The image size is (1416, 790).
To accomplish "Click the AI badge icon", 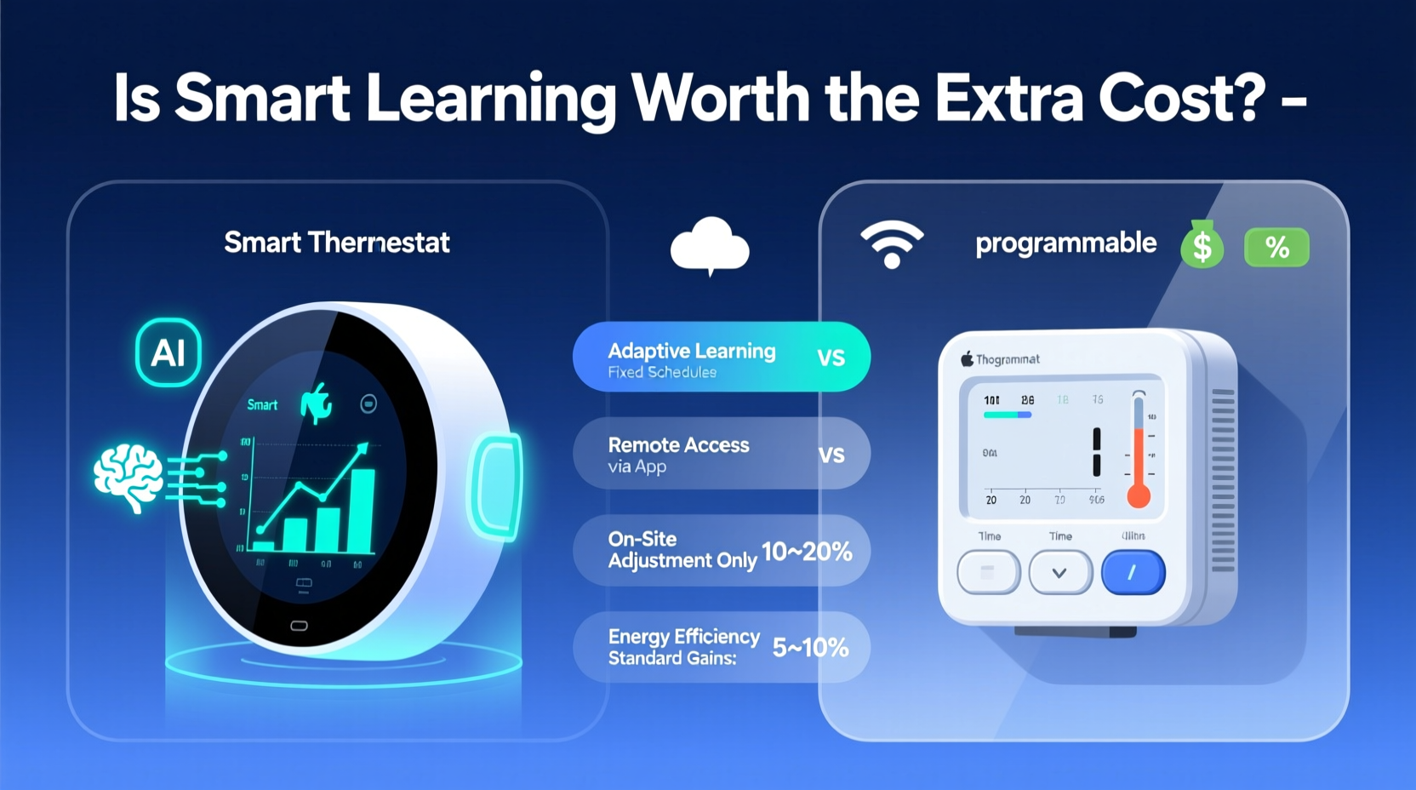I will click(x=168, y=352).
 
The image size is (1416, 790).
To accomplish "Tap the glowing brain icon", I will click(x=128, y=477).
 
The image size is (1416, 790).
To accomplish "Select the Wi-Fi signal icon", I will click(x=891, y=244).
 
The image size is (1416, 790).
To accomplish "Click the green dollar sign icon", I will click(x=1202, y=245).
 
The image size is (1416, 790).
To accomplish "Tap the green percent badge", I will click(x=1276, y=248).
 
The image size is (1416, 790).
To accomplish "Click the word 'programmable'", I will click(x=1065, y=243).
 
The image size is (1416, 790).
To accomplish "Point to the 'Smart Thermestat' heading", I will click(x=337, y=243).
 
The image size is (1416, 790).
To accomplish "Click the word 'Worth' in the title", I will click(x=721, y=98).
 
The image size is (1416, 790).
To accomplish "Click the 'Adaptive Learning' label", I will click(x=691, y=351).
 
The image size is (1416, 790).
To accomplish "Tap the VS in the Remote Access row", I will click(x=831, y=455).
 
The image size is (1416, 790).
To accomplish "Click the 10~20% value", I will click(x=807, y=552).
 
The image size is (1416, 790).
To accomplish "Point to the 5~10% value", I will click(x=810, y=648).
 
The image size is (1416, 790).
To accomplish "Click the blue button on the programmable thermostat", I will click(x=1133, y=573).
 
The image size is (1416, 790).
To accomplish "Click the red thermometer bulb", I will click(x=1139, y=495).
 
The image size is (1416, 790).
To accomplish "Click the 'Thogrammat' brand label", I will click(x=1008, y=359).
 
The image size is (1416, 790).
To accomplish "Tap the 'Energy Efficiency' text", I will click(x=683, y=636).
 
